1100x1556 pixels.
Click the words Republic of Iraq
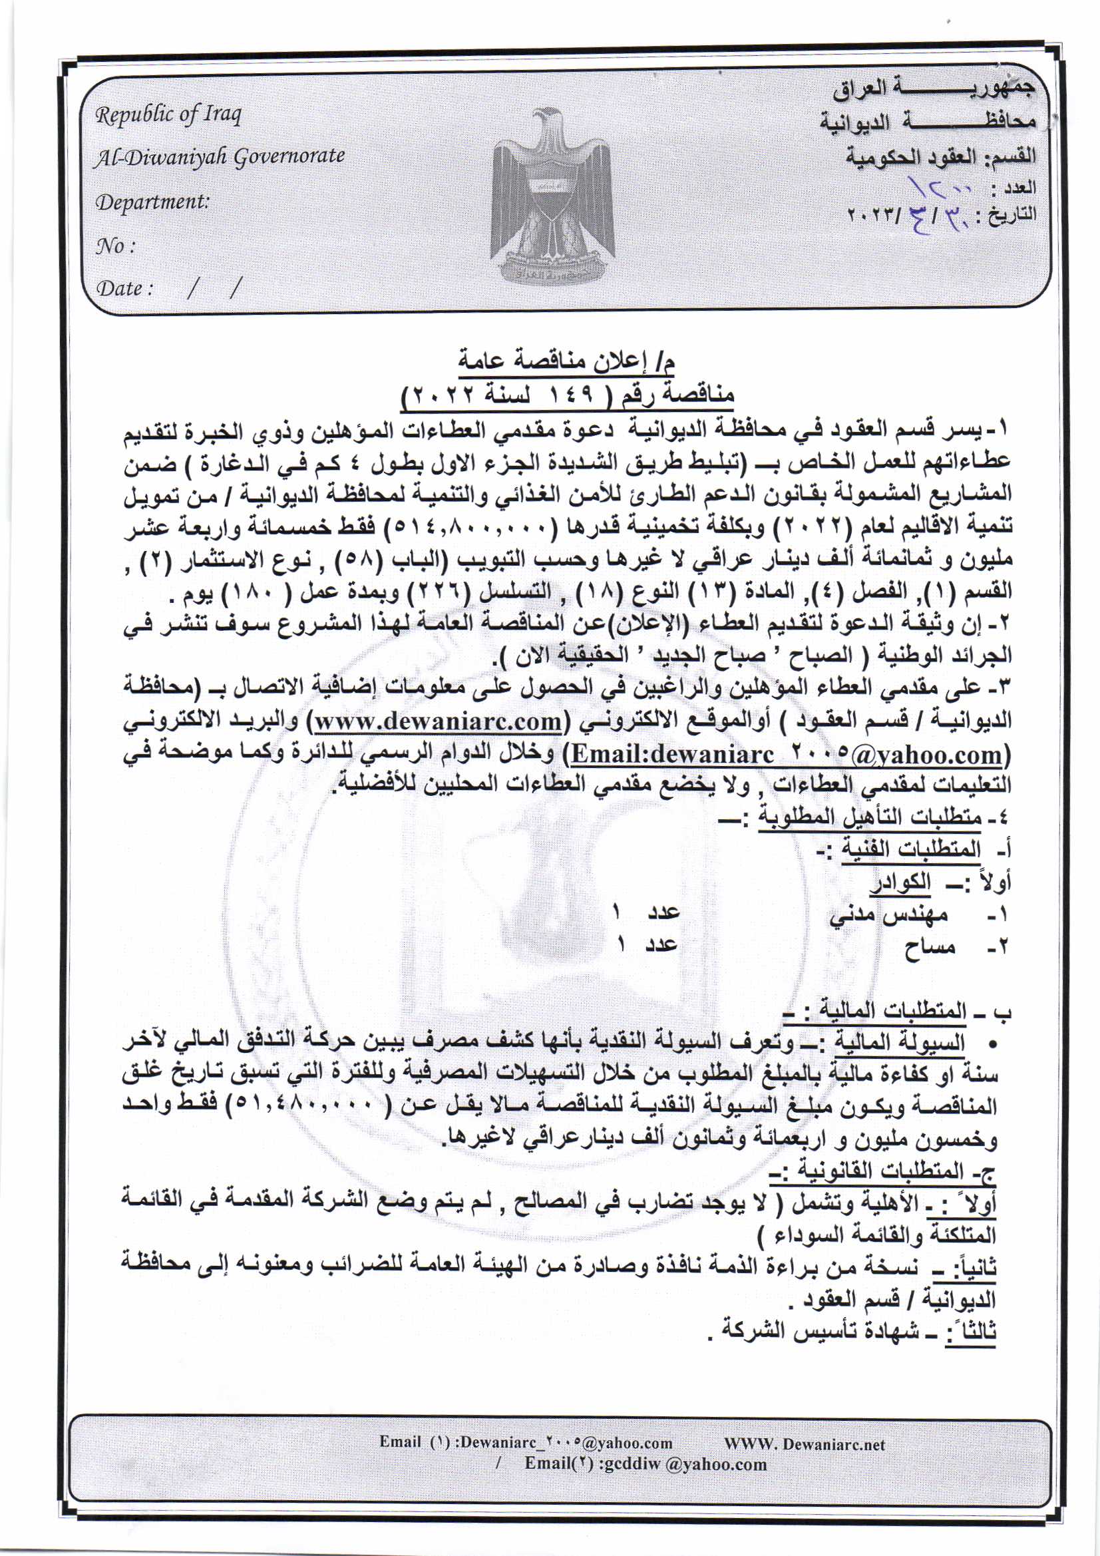click(168, 115)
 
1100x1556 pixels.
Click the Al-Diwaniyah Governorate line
click(219, 157)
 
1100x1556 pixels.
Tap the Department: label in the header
click(152, 202)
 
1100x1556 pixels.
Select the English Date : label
click(124, 289)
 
